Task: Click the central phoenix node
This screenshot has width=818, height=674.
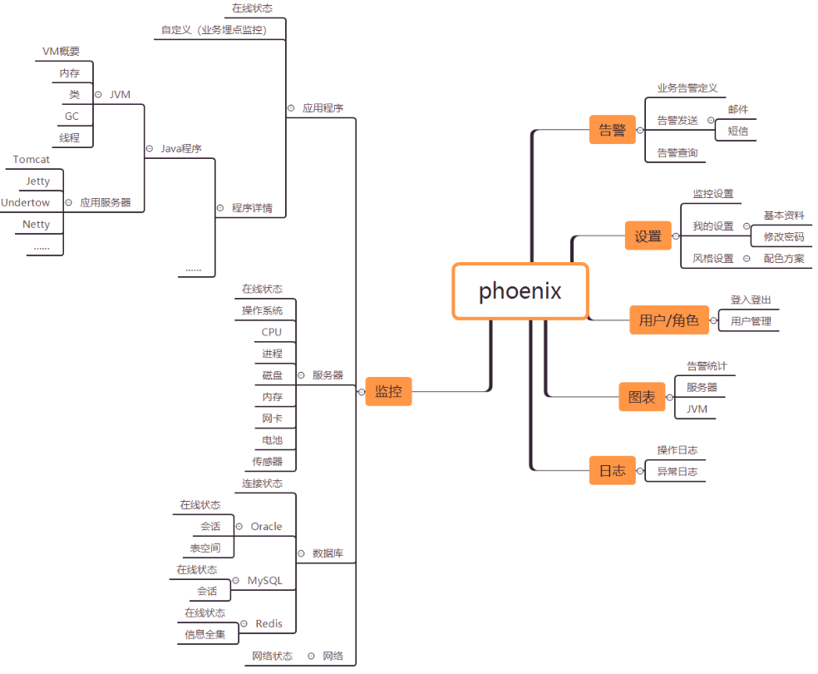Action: click(x=520, y=291)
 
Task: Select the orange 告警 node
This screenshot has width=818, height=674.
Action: click(x=613, y=130)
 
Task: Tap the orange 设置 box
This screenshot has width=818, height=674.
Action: click(x=648, y=235)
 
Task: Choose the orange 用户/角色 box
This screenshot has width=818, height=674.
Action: click(x=668, y=320)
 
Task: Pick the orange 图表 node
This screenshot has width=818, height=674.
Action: click(x=641, y=397)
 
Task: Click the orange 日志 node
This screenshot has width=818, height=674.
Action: click(x=613, y=470)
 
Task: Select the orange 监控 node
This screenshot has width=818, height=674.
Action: click(x=388, y=391)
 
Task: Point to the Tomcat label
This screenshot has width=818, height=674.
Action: click(x=32, y=159)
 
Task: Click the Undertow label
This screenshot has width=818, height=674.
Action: click(x=26, y=202)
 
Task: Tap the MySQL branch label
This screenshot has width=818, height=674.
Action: click(x=265, y=580)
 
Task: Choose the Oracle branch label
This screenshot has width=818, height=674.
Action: click(x=267, y=526)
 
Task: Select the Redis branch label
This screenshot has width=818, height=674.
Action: click(x=269, y=623)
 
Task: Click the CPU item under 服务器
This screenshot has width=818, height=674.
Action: click(x=272, y=332)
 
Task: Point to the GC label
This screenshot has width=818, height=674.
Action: click(x=72, y=116)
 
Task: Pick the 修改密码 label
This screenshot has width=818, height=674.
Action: click(x=784, y=236)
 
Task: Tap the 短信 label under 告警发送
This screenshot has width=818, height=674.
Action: click(x=738, y=131)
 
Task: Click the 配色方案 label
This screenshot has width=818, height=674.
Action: click(x=784, y=258)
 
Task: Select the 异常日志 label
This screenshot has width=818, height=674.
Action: click(x=678, y=472)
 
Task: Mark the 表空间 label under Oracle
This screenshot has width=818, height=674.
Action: click(x=205, y=548)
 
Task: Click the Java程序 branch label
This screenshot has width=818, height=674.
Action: click(x=181, y=148)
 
